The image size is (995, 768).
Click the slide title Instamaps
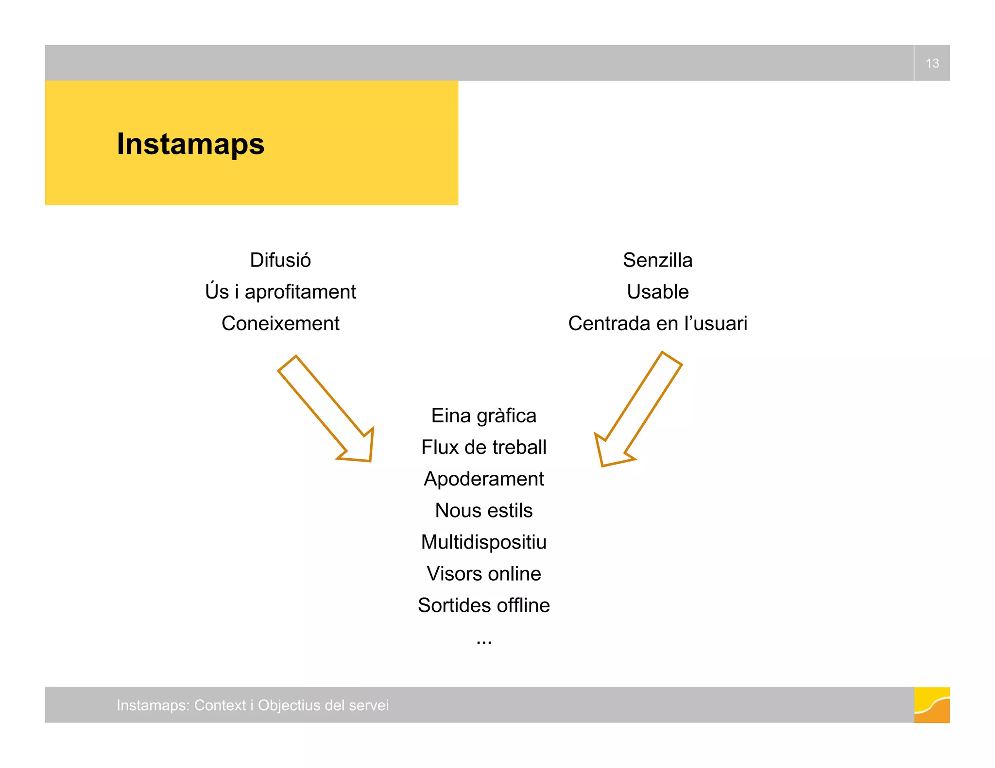pos(190,144)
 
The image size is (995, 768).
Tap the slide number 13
pos(932,63)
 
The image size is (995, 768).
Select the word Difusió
pos(280,260)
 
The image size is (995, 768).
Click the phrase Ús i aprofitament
pos(280,292)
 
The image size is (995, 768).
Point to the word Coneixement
pos(280,323)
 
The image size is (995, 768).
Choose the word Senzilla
pos(657,260)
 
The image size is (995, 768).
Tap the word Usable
pos(657,292)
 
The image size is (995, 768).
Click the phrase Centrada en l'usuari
pos(657,323)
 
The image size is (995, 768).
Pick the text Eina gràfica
pos(483,416)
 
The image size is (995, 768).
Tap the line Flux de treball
pos(483,447)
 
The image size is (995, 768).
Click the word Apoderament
pos(483,479)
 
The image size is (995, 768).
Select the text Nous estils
pos(483,510)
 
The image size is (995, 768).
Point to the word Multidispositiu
pos(483,542)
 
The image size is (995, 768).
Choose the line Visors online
pos(483,573)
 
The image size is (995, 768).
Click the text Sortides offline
pos(483,605)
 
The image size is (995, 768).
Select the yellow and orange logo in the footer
pos(931,705)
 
